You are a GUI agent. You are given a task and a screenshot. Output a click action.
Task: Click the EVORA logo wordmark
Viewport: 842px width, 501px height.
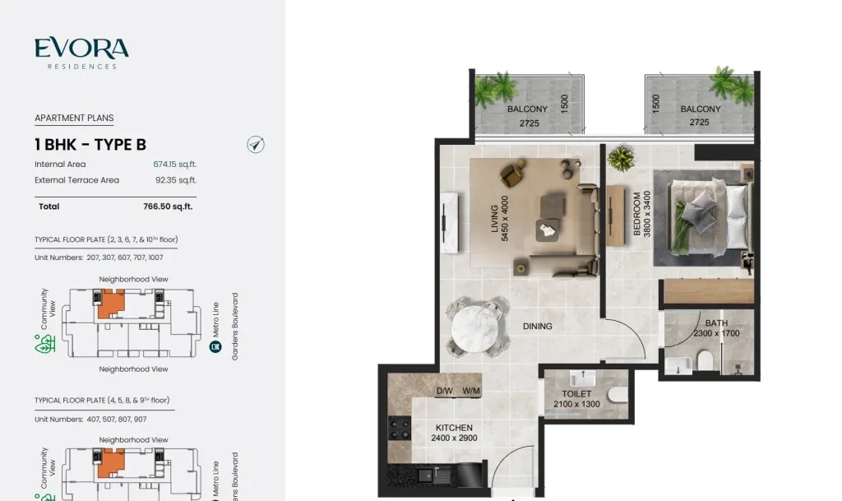tap(81, 48)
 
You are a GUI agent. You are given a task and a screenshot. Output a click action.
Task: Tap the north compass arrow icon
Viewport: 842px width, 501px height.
tap(256, 145)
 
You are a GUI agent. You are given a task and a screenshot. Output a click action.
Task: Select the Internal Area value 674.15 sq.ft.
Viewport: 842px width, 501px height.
tap(175, 165)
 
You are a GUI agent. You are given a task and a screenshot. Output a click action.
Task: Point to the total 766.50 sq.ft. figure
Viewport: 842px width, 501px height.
tap(168, 206)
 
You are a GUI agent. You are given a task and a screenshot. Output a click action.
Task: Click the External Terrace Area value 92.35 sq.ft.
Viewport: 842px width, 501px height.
tap(176, 180)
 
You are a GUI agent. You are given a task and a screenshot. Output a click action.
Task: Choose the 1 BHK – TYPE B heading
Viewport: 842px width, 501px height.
tap(90, 145)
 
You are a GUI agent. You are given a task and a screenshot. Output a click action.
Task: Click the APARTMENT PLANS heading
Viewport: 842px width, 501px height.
tap(74, 118)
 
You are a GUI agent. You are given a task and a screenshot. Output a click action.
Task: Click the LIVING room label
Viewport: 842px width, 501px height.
tap(494, 219)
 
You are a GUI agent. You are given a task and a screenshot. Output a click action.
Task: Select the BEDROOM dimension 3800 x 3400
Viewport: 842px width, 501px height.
tap(647, 214)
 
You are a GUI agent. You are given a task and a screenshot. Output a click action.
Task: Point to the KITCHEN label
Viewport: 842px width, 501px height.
tap(454, 428)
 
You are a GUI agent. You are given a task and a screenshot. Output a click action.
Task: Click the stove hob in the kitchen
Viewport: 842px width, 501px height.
tap(400, 429)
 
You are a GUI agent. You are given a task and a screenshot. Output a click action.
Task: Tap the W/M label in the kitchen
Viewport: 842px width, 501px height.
tap(471, 391)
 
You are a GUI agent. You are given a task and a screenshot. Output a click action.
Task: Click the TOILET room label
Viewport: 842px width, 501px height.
tap(576, 393)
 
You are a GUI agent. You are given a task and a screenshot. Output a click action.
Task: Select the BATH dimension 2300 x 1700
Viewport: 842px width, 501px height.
tap(716, 333)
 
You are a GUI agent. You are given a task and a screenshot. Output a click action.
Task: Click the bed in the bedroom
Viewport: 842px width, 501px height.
tap(708, 217)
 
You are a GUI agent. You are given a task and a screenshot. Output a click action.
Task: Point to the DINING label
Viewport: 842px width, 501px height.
tap(538, 326)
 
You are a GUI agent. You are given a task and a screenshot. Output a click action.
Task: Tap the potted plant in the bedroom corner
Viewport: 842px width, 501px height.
tap(622, 158)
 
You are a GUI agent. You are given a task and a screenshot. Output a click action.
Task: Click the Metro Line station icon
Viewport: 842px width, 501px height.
tap(215, 347)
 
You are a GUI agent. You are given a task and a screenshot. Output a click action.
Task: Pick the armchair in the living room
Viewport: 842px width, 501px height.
tap(513, 173)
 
